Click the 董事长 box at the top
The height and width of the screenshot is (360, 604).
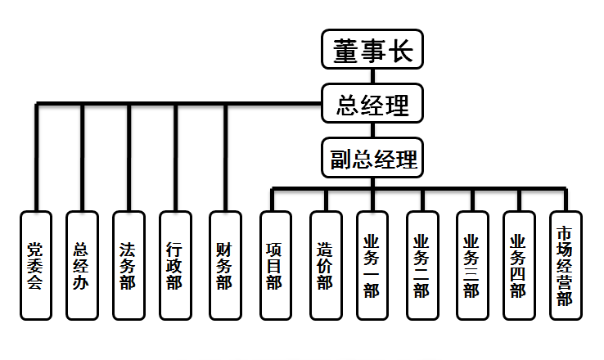coord(372,50)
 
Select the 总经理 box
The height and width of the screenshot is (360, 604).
coord(372,104)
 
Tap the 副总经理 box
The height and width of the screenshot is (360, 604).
coord(372,157)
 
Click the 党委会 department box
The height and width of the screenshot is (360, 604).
coord(35,264)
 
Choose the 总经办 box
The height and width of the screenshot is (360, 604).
coord(82,264)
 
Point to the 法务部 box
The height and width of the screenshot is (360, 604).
coord(128,264)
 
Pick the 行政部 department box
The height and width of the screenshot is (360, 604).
coord(175,264)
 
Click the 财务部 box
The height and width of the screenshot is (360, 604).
coord(224,264)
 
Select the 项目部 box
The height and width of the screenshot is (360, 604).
coord(274,264)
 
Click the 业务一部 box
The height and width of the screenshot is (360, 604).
coord(372,264)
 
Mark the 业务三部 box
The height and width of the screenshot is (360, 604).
coord(471,264)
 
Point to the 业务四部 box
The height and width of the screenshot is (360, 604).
coord(518,264)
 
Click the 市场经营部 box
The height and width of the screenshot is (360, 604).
coord(564,264)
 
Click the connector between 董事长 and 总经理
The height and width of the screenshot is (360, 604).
coord(372,76)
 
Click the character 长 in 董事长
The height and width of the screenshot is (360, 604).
coord(404,50)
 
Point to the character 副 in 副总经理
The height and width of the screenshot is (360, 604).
coord(341,158)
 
